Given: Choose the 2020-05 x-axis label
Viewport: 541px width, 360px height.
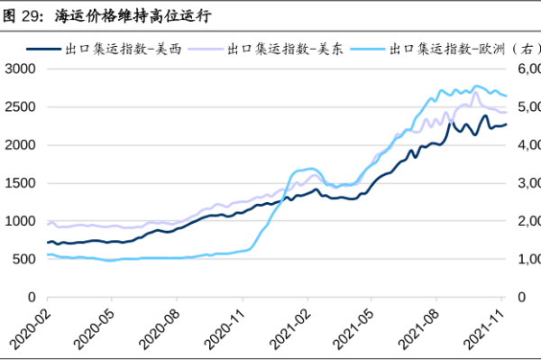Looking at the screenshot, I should tap(92, 329).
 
